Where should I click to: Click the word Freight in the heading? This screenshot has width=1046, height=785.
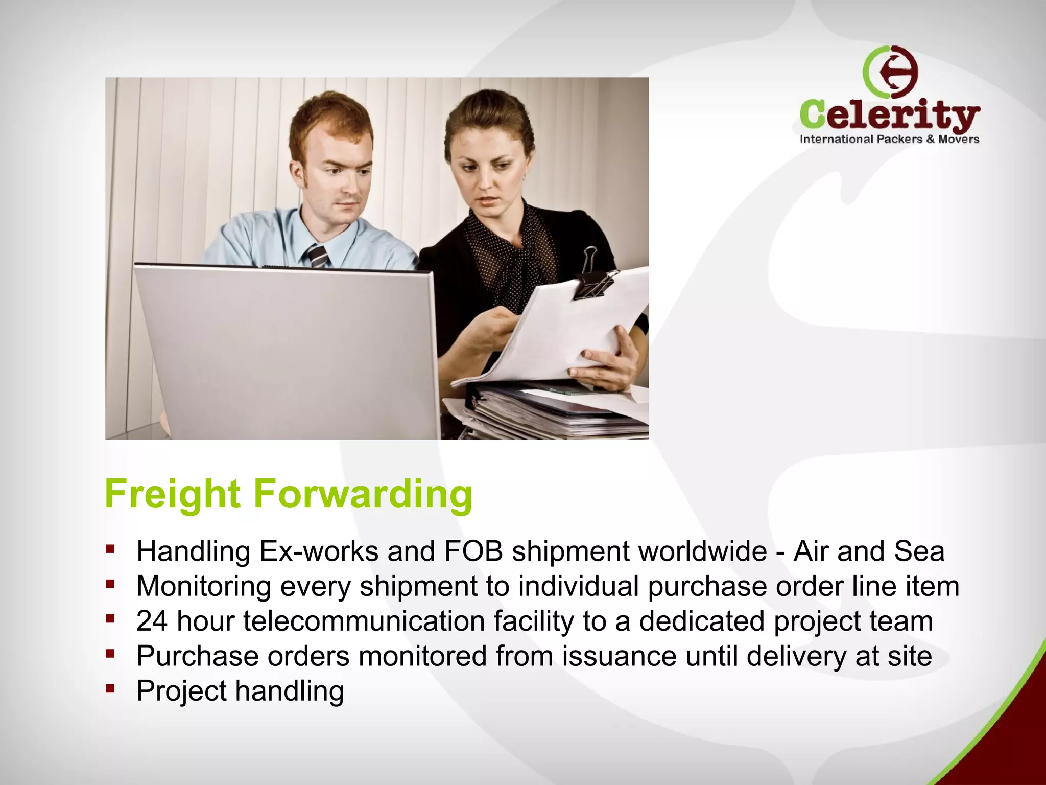(172, 494)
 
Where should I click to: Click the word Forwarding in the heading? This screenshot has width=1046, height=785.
(363, 494)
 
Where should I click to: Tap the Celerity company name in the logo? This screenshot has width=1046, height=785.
(889, 115)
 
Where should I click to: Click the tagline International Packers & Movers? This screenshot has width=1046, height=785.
(889, 139)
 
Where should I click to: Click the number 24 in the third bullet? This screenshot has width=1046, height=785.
(152, 621)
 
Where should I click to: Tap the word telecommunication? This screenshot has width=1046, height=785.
(363, 621)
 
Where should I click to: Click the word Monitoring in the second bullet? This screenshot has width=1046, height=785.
(204, 586)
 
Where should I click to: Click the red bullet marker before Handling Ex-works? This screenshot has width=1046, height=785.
(110, 549)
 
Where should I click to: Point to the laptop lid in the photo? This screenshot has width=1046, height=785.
(286, 348)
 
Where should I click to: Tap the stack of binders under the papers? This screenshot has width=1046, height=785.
(552, 409)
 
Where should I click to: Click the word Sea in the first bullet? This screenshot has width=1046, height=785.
(919, 551)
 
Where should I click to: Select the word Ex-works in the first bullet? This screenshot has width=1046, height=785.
(319, 551)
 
